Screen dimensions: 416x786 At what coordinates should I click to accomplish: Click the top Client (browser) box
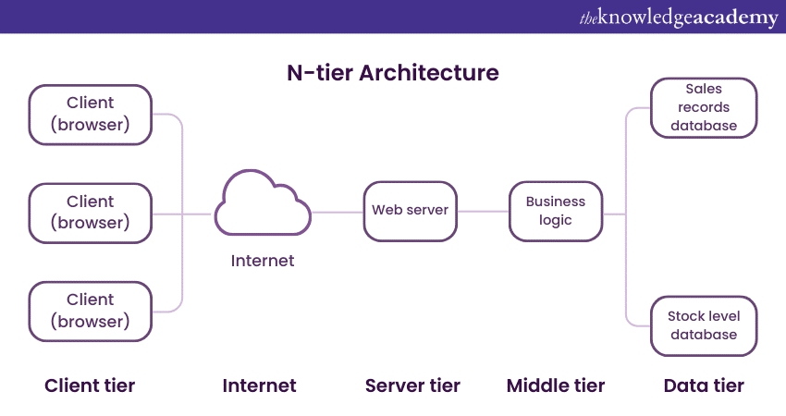91,114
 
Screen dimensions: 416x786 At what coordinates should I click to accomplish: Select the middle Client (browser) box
91,212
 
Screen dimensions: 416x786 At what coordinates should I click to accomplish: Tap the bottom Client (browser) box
91,311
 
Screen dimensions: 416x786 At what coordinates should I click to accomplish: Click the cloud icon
262,204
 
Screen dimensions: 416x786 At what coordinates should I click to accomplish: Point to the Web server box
411,211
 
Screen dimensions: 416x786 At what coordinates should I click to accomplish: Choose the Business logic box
556,211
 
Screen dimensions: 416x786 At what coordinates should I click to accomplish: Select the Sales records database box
705,108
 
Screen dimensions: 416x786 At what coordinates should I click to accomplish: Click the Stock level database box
705,325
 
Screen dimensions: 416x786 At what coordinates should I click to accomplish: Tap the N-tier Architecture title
392,72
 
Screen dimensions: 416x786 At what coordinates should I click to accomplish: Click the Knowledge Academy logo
679,18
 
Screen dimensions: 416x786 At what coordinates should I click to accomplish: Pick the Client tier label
90,385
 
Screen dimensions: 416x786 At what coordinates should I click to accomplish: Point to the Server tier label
412,385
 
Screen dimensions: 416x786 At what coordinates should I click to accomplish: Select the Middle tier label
556,385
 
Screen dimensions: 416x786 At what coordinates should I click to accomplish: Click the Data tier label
704,385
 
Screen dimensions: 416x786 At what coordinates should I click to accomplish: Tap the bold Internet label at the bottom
260,385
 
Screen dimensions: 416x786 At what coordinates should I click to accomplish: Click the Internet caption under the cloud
263,261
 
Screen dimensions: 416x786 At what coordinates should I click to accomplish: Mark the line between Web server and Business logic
484,212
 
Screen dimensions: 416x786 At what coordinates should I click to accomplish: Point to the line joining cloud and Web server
337,213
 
